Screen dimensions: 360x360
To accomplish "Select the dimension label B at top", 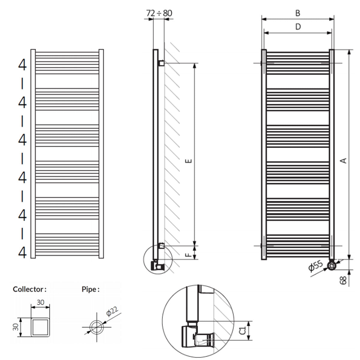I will (x=298, y=13).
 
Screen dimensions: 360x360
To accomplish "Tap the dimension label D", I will (x=298, y=27).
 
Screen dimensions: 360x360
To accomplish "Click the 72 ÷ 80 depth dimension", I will (x=159, y=13).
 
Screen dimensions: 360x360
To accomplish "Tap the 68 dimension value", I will (x=344, y=280).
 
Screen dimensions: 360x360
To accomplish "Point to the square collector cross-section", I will (x=40, y=327).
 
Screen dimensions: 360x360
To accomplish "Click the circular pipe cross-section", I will (x=97, y=327).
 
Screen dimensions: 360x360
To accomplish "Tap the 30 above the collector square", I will (x=40, y=302).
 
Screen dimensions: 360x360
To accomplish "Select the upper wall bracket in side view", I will (x=161, y=63).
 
